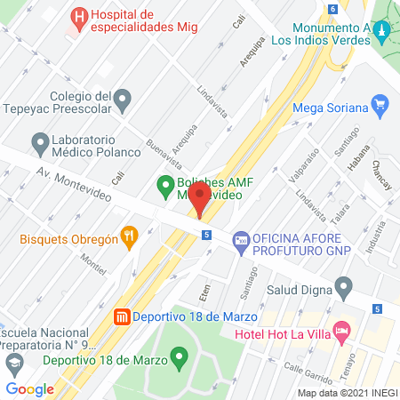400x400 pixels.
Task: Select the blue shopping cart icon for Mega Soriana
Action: [380, 104]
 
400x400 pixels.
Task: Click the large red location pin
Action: [201, 197]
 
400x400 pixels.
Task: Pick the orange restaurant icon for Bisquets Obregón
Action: [129, 236]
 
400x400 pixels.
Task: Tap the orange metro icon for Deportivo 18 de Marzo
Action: [123, 316]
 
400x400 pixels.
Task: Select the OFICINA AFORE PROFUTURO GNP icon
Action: [239, 240]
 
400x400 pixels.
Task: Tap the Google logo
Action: [29, 388]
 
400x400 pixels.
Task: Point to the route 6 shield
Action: [332, 9]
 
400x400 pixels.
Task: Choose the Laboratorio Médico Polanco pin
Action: [39, 141]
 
